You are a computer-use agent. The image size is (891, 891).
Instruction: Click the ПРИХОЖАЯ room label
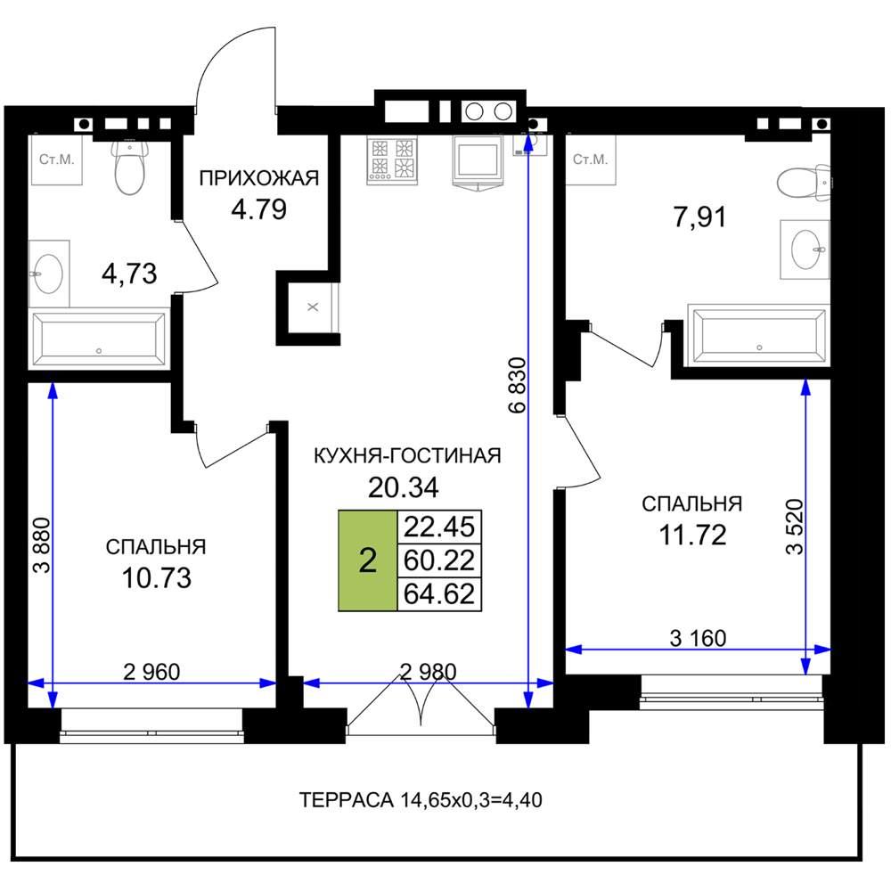259,178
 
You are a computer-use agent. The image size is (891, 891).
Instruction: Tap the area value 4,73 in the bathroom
129,274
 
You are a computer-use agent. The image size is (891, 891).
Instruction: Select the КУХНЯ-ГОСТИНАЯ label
407,455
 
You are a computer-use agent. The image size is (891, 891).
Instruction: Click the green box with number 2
368,560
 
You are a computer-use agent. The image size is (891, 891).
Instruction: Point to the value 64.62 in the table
438,594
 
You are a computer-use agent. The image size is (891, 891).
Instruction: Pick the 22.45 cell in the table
438,527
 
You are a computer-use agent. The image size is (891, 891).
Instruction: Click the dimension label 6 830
518,384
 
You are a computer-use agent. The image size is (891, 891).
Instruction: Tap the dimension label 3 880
42,545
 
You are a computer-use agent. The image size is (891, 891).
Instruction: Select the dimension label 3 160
698,639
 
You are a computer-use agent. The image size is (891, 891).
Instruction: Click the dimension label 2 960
151,672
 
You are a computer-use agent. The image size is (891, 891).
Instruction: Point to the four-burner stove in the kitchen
392,160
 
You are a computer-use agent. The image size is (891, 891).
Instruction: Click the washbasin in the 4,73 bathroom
48,274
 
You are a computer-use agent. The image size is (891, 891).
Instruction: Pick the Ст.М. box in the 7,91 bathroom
591,159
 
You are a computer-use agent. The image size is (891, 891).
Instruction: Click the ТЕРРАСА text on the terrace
346,800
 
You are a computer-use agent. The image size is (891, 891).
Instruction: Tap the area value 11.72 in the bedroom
692,535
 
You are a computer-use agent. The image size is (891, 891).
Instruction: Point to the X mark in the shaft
313,307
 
